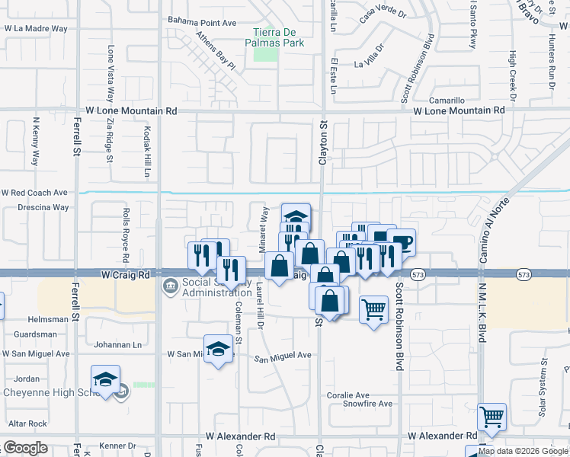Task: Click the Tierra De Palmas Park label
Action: coord(279,37)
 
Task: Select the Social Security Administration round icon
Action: coord(168,287)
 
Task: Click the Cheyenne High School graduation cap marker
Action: coord(105,379)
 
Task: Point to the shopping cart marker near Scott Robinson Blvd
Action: coord(373,309)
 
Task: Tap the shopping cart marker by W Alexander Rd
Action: coord(492,417)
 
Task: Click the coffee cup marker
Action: coord(402,242)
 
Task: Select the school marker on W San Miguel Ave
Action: coord(218,349)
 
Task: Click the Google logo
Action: coord(26,448)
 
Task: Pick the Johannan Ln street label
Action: coord(117,345)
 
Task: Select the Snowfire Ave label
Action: coord(368,404)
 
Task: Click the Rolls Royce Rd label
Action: coord(125,235)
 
